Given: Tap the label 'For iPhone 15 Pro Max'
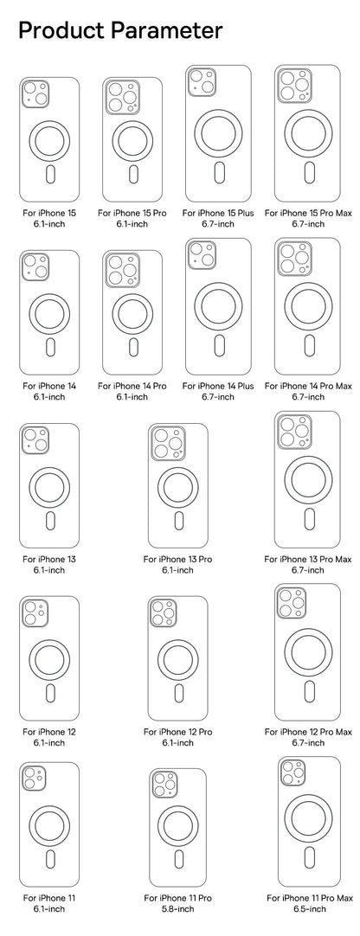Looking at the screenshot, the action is point(308,213).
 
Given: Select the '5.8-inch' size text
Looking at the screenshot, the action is point(177,909).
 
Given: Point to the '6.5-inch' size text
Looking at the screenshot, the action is point(309,909).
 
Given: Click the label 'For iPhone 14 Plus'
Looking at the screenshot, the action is point(218,386).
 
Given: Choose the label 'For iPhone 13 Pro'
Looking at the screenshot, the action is point(177,560).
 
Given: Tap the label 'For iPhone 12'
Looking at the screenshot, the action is point(49,732).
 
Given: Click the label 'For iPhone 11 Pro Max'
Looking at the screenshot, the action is point(309,898).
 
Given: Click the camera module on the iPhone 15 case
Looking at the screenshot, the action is point(35,94).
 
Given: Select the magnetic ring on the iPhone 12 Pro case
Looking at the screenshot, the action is point(178,660).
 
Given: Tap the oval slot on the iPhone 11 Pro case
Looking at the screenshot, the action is point(178,858).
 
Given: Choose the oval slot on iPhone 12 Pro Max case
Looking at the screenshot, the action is point(309,691).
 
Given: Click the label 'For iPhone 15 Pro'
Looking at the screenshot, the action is point(132,213).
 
